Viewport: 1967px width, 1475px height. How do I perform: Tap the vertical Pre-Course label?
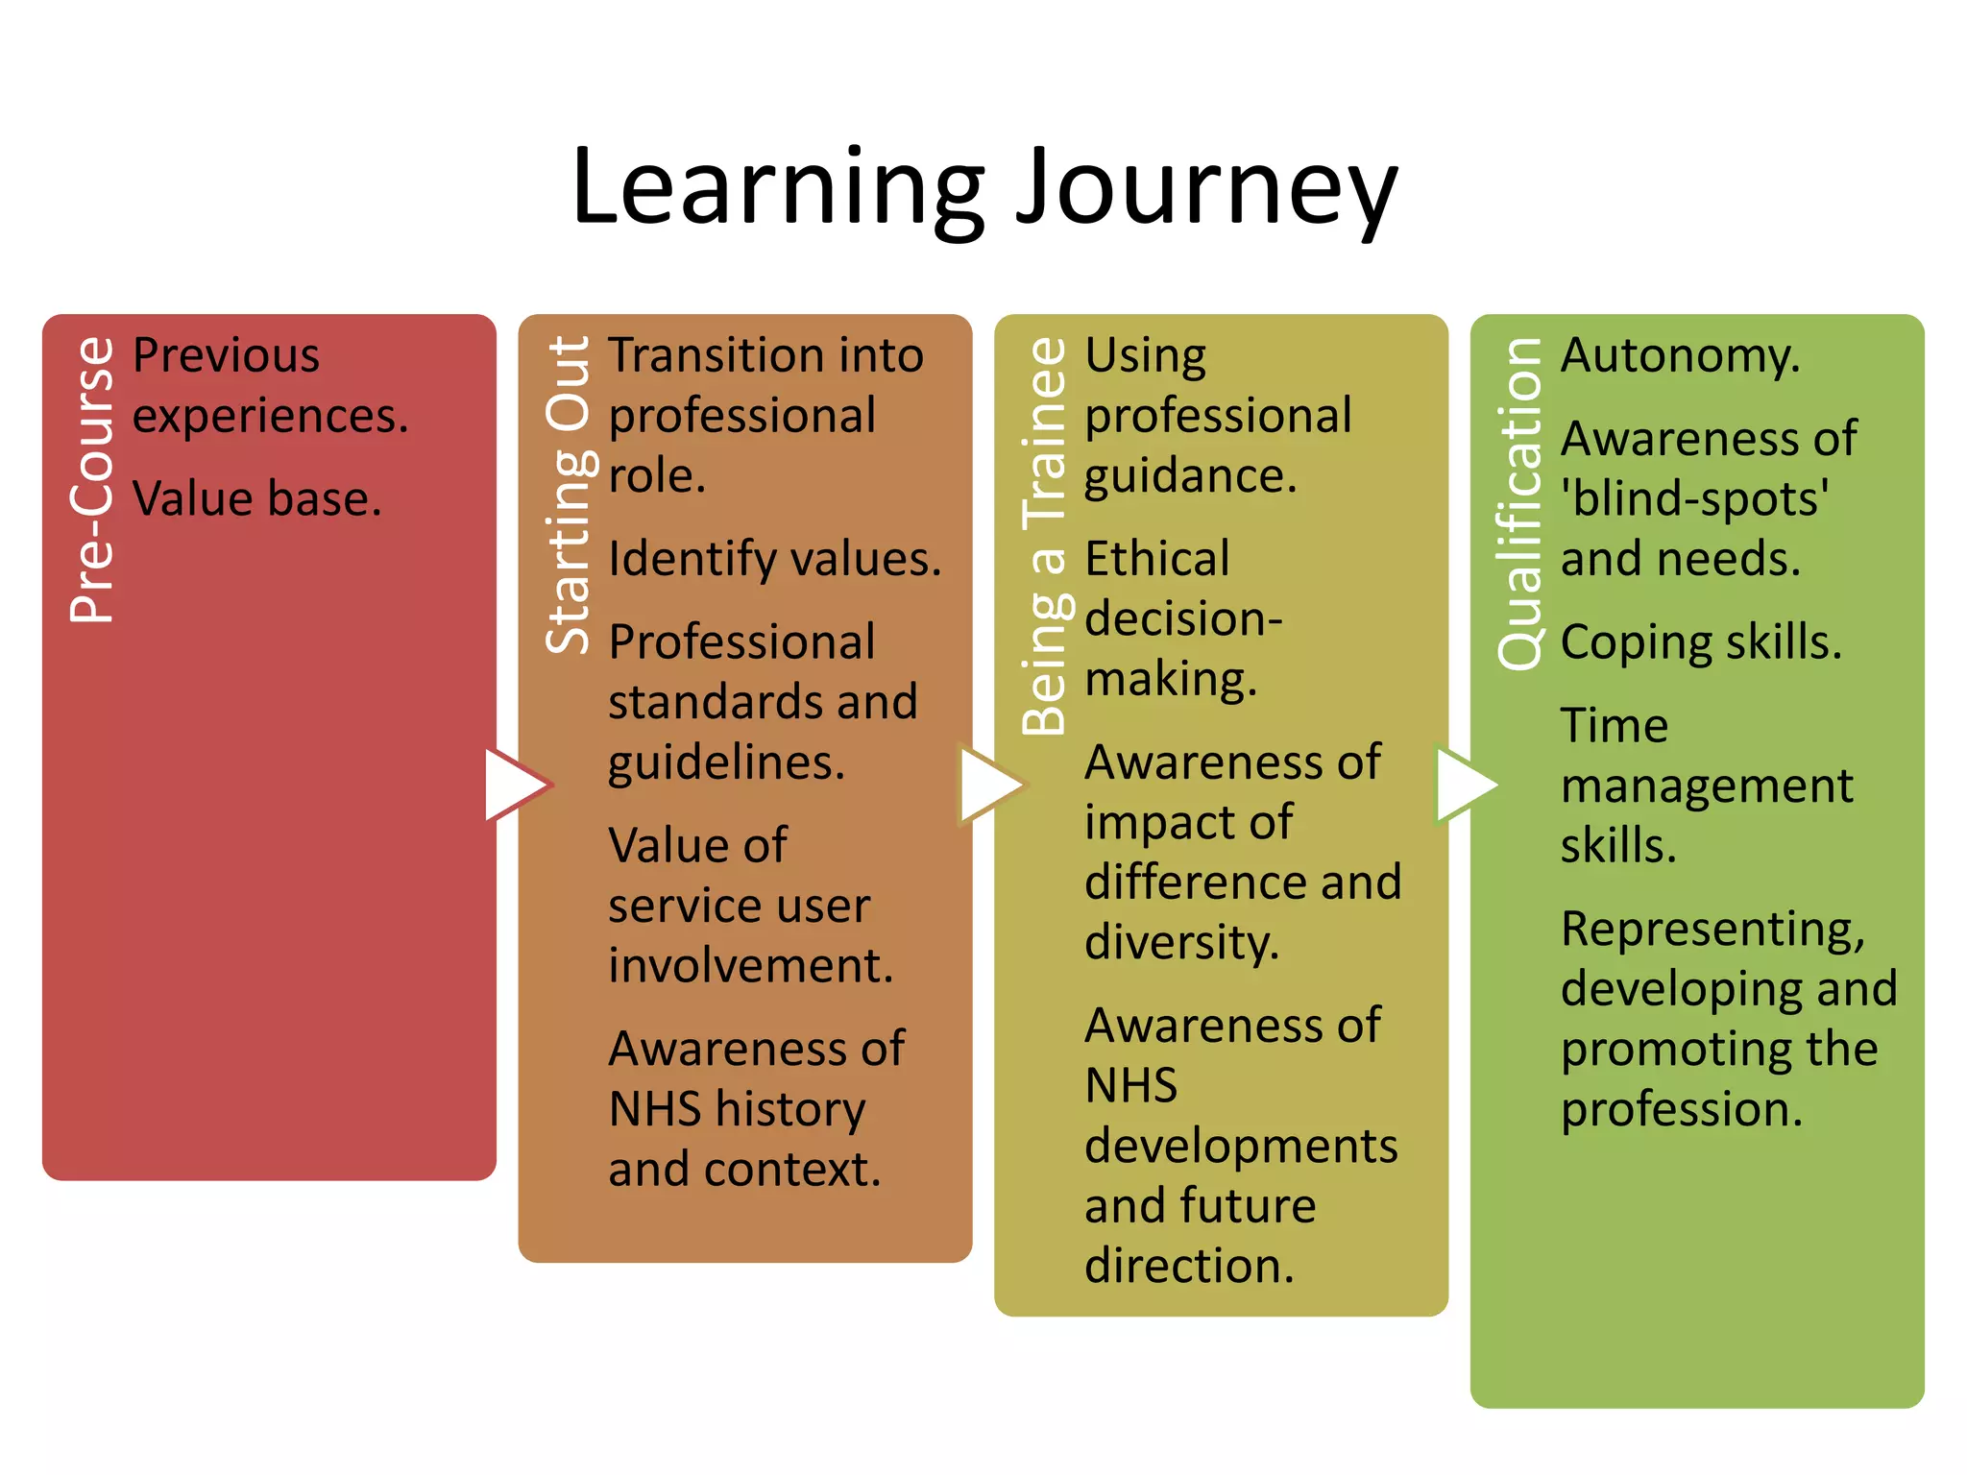tap(92, 480)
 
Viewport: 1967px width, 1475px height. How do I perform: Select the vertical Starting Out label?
tap(569, 496)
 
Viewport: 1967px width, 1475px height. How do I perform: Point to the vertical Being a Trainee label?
tap(1045, 536)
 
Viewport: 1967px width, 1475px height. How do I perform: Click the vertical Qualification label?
tap(1520, 503)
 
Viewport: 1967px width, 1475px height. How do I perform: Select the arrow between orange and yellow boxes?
tap(990, 785)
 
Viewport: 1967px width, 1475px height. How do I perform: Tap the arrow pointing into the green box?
tap(1465, 785)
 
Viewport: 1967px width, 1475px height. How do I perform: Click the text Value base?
tap(256, 499)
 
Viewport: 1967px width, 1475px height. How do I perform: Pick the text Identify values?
tap(774, 559)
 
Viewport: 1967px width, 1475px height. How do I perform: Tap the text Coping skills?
tap(1701, 642)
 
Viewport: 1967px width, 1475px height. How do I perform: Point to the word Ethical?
tap(1156, 559)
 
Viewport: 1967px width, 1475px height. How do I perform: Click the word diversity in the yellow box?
tap(1181, 942)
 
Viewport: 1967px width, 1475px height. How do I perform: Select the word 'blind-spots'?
tap(1695, 499)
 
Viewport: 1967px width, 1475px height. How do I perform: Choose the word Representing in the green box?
tap(1712, 930)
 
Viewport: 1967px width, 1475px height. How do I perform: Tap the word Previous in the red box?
tap(226, 356)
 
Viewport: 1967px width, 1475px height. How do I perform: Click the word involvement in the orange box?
tap(750, 966)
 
